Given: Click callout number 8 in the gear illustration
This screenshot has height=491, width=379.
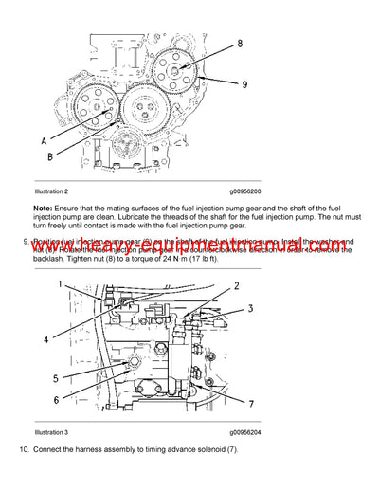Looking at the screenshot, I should [239, 44].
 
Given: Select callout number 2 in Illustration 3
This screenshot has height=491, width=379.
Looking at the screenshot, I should [236, 286].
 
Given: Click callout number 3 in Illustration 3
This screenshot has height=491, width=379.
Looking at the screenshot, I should [251, 309].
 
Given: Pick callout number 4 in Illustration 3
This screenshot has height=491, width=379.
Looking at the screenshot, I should [45, 338].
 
